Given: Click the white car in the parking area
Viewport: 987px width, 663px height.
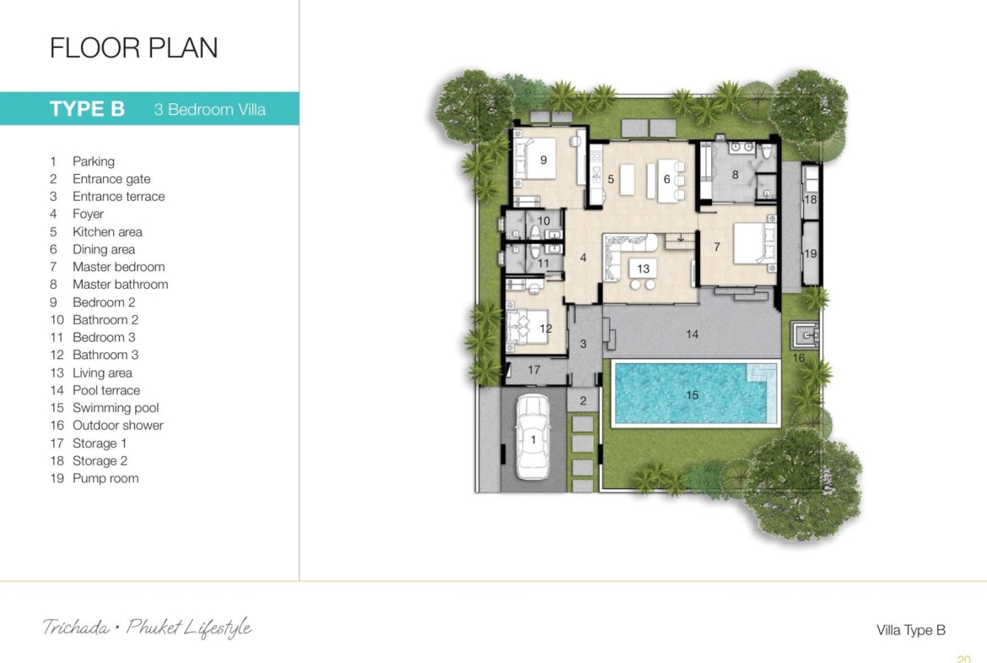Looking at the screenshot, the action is tap(533, 437).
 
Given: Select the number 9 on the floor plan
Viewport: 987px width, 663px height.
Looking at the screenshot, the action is tap(543, 160).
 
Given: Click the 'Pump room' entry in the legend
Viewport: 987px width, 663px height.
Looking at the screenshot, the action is tap(105, 478).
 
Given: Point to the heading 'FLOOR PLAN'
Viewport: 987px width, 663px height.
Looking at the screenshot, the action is tap(133, 48).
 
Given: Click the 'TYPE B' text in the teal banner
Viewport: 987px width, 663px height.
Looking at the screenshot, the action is tap(87, 109).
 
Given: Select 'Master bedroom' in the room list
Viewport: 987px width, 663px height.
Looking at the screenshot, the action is tap(118, 267).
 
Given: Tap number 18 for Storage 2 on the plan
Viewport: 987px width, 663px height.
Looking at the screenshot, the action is tap(810, 199).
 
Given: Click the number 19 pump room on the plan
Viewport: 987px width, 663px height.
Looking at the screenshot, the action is tap(810, 253).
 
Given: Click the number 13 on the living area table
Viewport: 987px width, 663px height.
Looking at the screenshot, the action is tap(643, 269).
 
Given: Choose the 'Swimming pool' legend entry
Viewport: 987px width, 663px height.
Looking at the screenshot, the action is tap(116, 408).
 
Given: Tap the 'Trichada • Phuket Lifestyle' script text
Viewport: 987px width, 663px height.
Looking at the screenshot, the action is tap(148, 628).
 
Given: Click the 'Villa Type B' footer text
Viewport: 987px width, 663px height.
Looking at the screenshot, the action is tap(911, 630).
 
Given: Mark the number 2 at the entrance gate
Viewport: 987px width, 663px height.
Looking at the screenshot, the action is tap(583, 401).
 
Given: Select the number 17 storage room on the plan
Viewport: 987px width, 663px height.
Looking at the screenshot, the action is tap(534, 370).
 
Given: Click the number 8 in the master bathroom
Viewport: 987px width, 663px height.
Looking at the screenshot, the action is tap(735, 175).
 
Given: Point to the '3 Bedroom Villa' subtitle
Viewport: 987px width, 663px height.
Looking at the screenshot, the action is tap(209, 110).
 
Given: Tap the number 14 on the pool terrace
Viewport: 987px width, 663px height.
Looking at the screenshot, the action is tap(692, 334).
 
